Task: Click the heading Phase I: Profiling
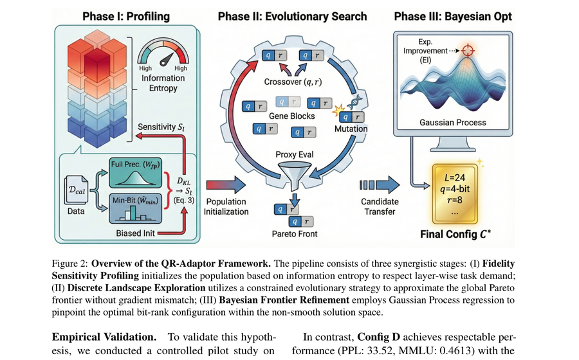pos(126,17)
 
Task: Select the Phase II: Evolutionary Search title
pos(292,17)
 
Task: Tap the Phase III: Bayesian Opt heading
pos(453,17)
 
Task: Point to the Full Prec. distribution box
pos(135,172)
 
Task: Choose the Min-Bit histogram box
pos(136,208)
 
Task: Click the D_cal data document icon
pos(77,190)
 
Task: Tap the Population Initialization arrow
pos(226,185)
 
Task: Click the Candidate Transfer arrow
pos(380,185)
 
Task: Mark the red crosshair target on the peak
pos(468,51)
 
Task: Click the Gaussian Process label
pos(453,122)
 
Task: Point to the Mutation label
pos(351,129)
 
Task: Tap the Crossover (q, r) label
pos(293,82)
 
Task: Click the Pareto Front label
pos(295,234)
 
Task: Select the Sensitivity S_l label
pos(161,127)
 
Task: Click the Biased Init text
pos(136,233)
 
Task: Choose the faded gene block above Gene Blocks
pos(288,102)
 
